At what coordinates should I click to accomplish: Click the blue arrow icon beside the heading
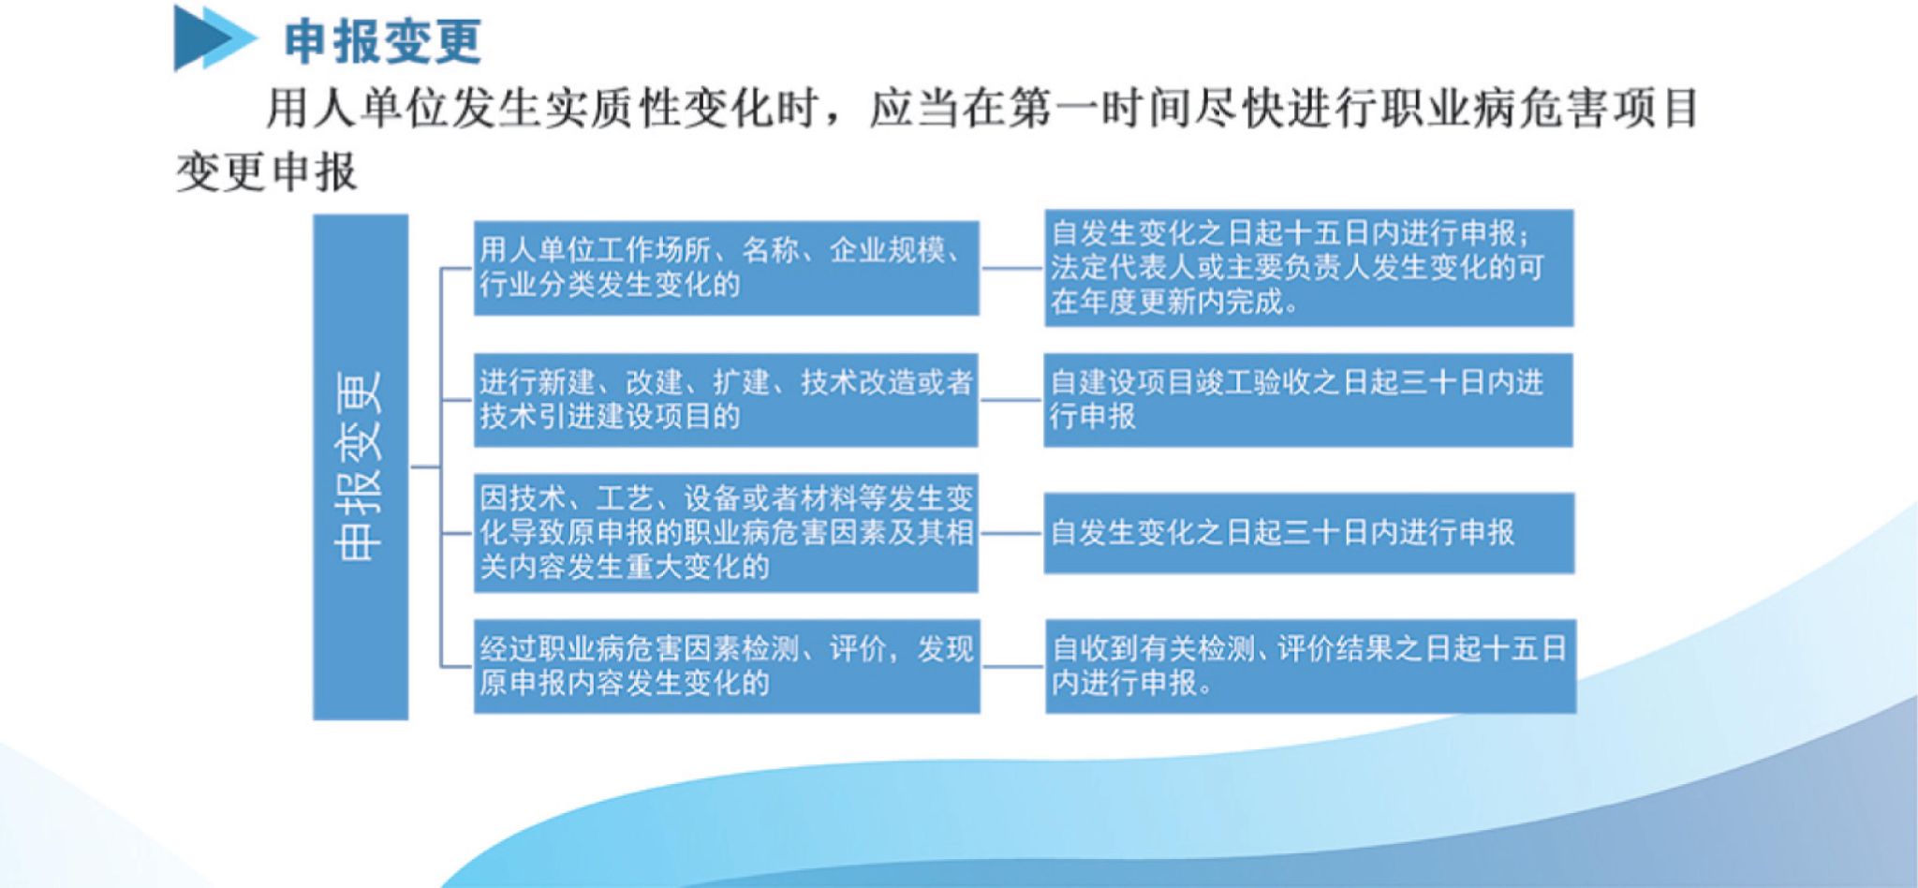tap(214, 38)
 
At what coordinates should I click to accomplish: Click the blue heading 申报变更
tap(383, 41)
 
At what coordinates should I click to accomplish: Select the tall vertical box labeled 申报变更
tap(361, 466)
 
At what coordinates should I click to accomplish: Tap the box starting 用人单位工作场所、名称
tap(726, 268)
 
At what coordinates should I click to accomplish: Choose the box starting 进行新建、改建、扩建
tap(726, 400)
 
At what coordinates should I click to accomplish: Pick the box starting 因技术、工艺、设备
tap(726, 533)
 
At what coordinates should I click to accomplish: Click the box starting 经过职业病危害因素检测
tap(726, 666)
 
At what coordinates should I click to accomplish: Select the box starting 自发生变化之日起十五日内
tap(1308, 268)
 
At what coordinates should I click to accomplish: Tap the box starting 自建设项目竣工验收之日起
tap(1308, 400)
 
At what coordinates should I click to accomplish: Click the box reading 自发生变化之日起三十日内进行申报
tap(1308, 533)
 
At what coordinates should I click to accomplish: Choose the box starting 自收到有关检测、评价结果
tap(1310, 666)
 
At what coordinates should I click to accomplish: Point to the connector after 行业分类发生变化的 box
tap(1011, 268)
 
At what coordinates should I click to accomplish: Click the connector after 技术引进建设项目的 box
tap(1011, 400)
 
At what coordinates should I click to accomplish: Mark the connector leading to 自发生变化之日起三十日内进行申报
tap(1011, 533)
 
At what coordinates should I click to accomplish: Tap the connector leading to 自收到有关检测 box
tap(1012, 666)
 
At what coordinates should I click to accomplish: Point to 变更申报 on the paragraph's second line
tap(267, 171)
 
